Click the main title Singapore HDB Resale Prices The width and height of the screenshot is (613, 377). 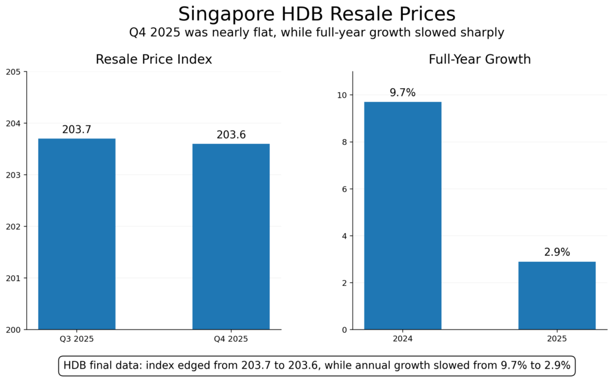click(317, 14)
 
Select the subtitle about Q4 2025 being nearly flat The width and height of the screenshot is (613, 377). click(317, 32)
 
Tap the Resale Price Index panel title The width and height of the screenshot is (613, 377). click(154, 59)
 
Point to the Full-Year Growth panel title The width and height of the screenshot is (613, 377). click(480, 59)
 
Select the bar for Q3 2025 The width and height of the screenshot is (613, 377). click(77, 234)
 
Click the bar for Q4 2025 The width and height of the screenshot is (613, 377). click(230, 236)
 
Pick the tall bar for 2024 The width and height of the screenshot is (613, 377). click(402, 216)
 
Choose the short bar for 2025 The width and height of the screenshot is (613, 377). click(557, 295)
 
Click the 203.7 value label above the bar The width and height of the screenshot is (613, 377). click(77, 129)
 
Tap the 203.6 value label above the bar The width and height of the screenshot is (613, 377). click(230, 135)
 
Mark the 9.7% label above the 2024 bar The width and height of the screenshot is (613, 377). click(402, 93)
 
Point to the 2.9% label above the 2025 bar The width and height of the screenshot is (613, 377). click(557, 252)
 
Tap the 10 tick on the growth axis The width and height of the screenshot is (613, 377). click(342, 95)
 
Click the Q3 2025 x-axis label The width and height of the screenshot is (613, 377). click(77, 339)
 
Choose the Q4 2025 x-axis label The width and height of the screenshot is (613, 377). click(230, 339)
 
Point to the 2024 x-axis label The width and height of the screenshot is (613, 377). click(402, 339)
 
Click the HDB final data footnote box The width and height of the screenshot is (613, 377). click(317, 366)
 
